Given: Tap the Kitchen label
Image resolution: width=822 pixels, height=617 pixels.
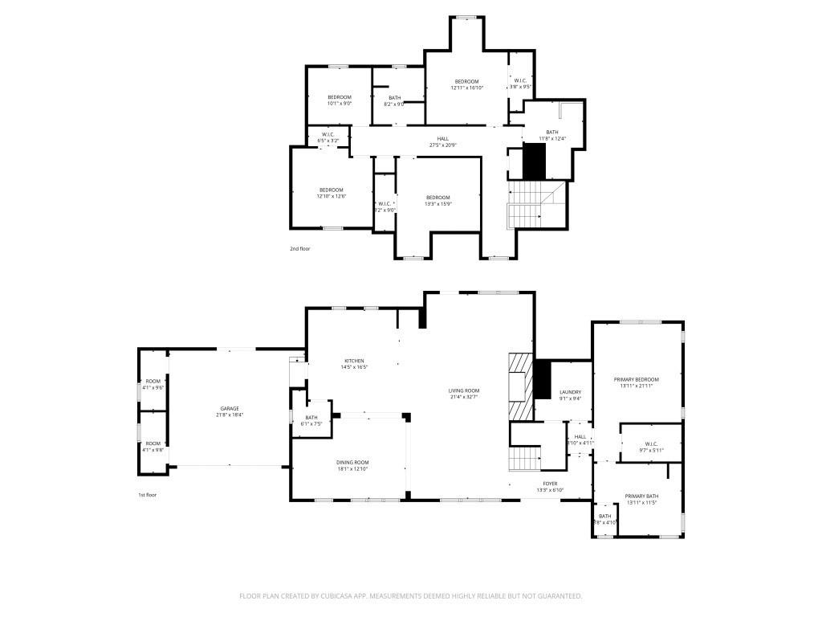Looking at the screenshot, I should (354, 361).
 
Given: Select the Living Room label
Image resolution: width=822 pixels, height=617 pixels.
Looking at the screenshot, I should (464, 390).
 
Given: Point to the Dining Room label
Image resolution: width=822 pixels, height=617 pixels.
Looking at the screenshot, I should (352, 462).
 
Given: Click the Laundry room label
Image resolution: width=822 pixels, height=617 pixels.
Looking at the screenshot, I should (570, 392).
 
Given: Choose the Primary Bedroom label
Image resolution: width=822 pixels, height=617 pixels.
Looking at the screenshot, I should (637, 379).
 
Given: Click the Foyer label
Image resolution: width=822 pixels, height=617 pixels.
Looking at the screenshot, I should (550, 484).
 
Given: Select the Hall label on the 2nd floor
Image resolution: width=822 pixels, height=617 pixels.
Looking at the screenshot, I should (443, 138).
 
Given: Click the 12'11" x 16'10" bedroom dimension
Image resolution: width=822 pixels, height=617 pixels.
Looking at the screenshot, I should (466, 88).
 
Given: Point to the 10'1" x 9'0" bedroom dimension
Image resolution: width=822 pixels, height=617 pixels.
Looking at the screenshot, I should (340, 104).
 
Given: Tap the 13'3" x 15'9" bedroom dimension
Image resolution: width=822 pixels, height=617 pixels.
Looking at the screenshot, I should (437, 204).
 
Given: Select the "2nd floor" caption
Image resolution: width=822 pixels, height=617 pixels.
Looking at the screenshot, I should (299, 249).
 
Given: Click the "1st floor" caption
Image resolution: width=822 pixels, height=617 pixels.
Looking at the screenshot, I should (147, 495).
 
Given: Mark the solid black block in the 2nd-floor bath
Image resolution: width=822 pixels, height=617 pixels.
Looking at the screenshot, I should (534, 162).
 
